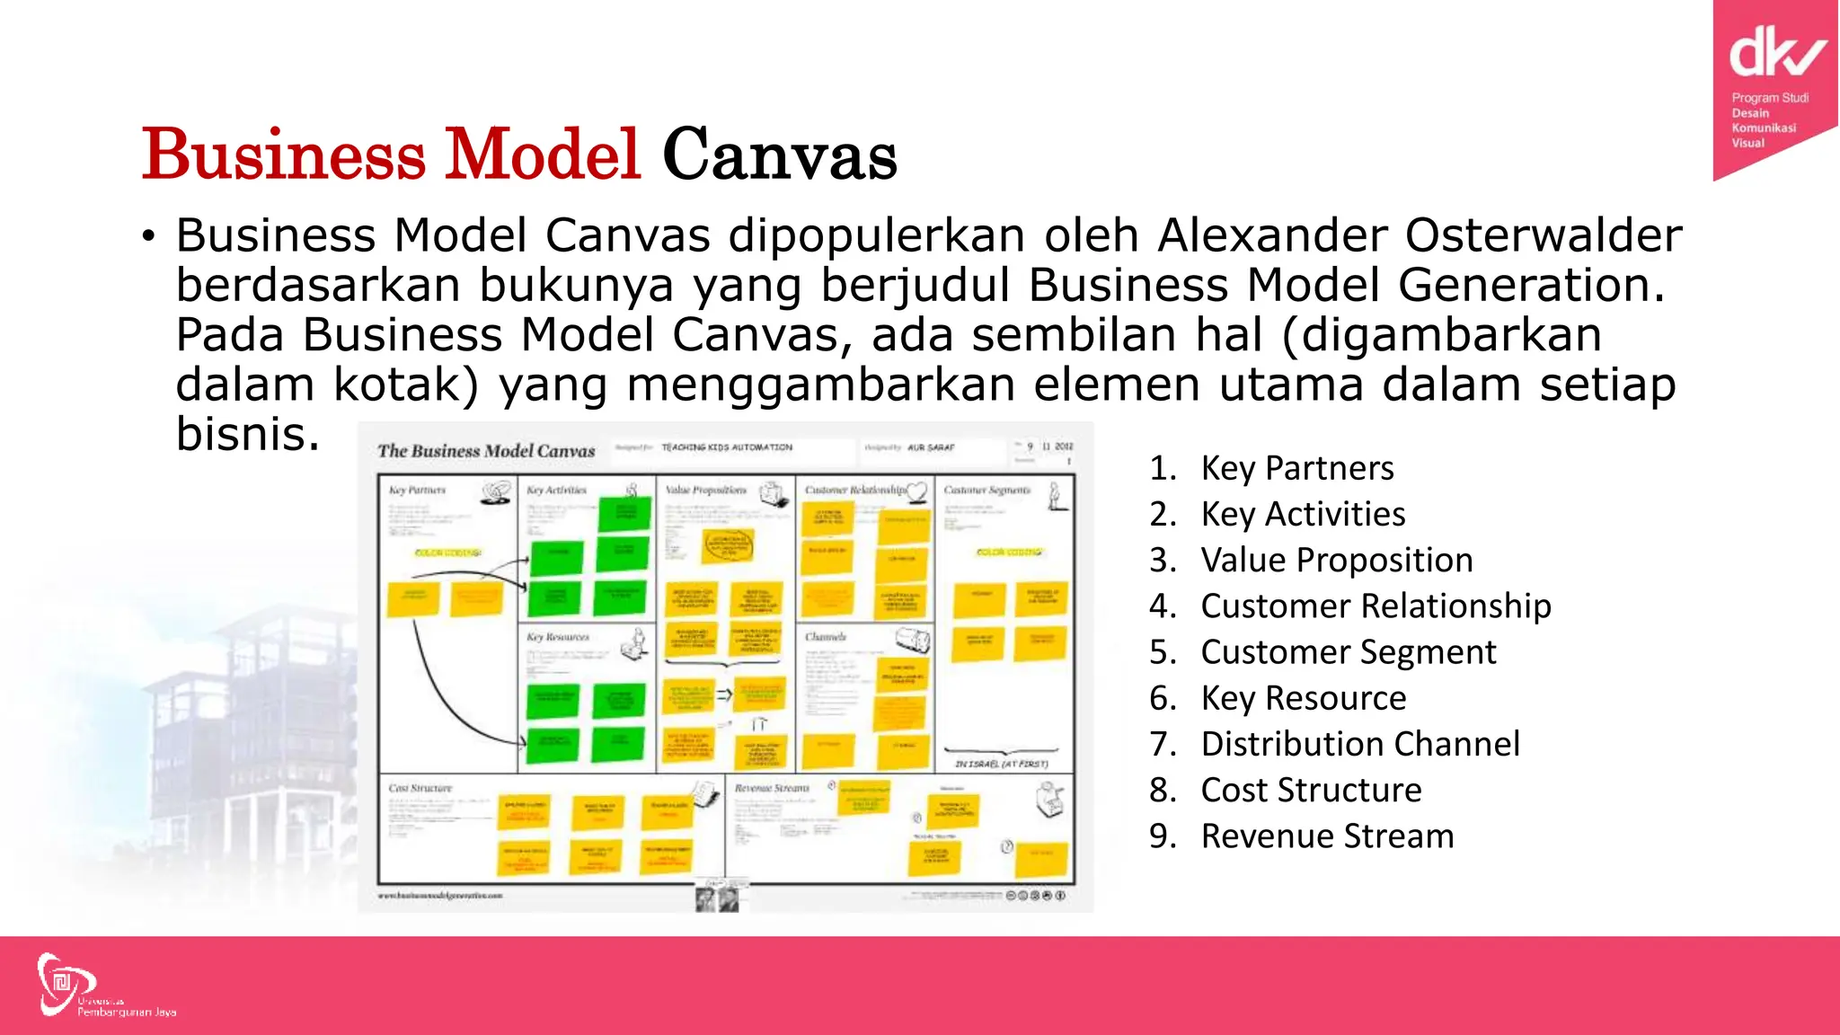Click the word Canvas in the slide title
pyautogui.click(x=779, y=155)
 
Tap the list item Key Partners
pyautogui.click(x=1296, y=468)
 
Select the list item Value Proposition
pyautogui.click(x=1336, y=560)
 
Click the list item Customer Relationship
pyautogui.click(x=1375, y=606)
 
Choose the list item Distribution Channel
pyautogui.click(x=1359, y=744)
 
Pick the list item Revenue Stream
pyautogui.click(x=1326, y=836)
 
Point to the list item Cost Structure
pyautogui.click(x=1311, y=790)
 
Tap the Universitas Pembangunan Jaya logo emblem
pyautogui.click(x=63, y=984)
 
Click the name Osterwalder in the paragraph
pyautogui.click(x=1543, y=235)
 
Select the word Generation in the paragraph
pyautogui.click(x=1524, y=285)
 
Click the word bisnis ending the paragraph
pyautogui.click(x=247, y=434)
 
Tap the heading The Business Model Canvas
pyautogui.click(x=486, y=451)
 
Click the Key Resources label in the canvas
pyautogui.click(x=557, y=637)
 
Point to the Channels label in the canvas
pyautogui.click(x=826, y=637)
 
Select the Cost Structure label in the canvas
pyautogui.click(x=420, y=788)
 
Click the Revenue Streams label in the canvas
pyautogui.click(x=772, y=788)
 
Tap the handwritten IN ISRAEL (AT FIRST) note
pyautogui.click(x=1001, y=764)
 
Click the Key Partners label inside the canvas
pyautogui.click(x=417, y=491)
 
